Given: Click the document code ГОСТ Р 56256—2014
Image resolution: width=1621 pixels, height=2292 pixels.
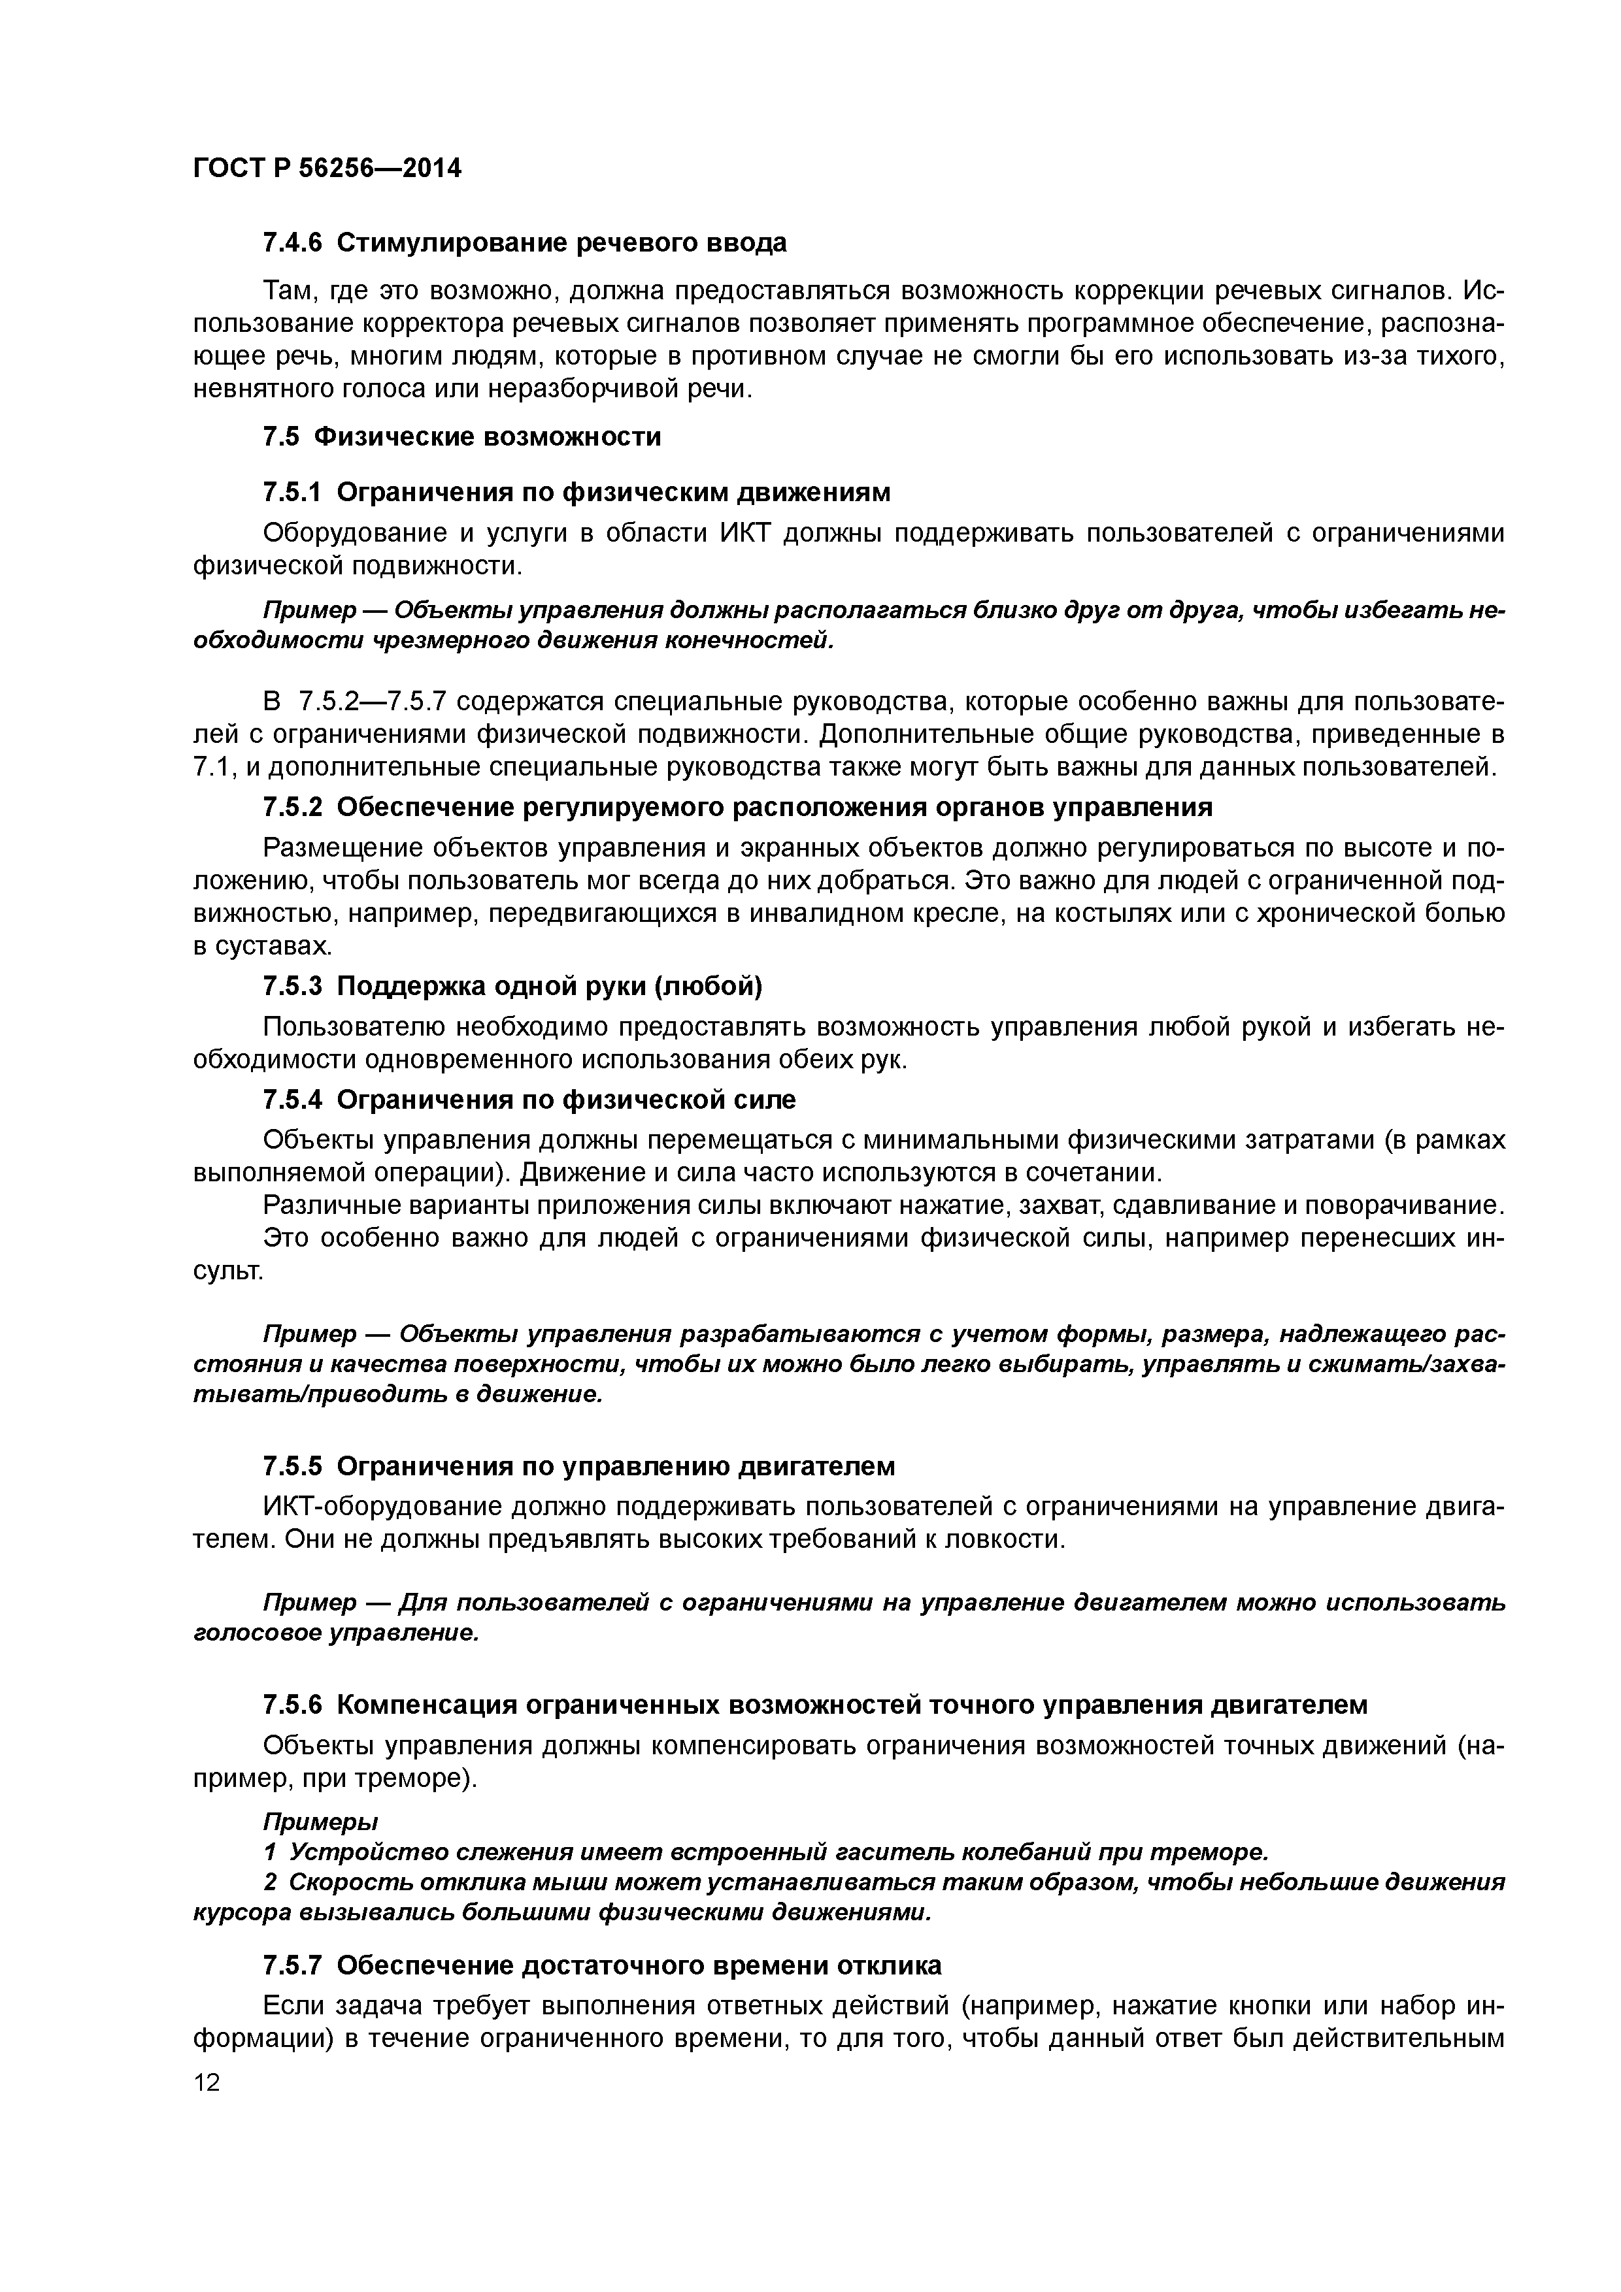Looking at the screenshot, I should [327, 168].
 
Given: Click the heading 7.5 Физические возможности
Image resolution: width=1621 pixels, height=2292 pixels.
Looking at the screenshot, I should [461, 436].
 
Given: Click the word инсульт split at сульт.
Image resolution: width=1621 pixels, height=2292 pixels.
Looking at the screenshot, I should [227, 1272].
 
